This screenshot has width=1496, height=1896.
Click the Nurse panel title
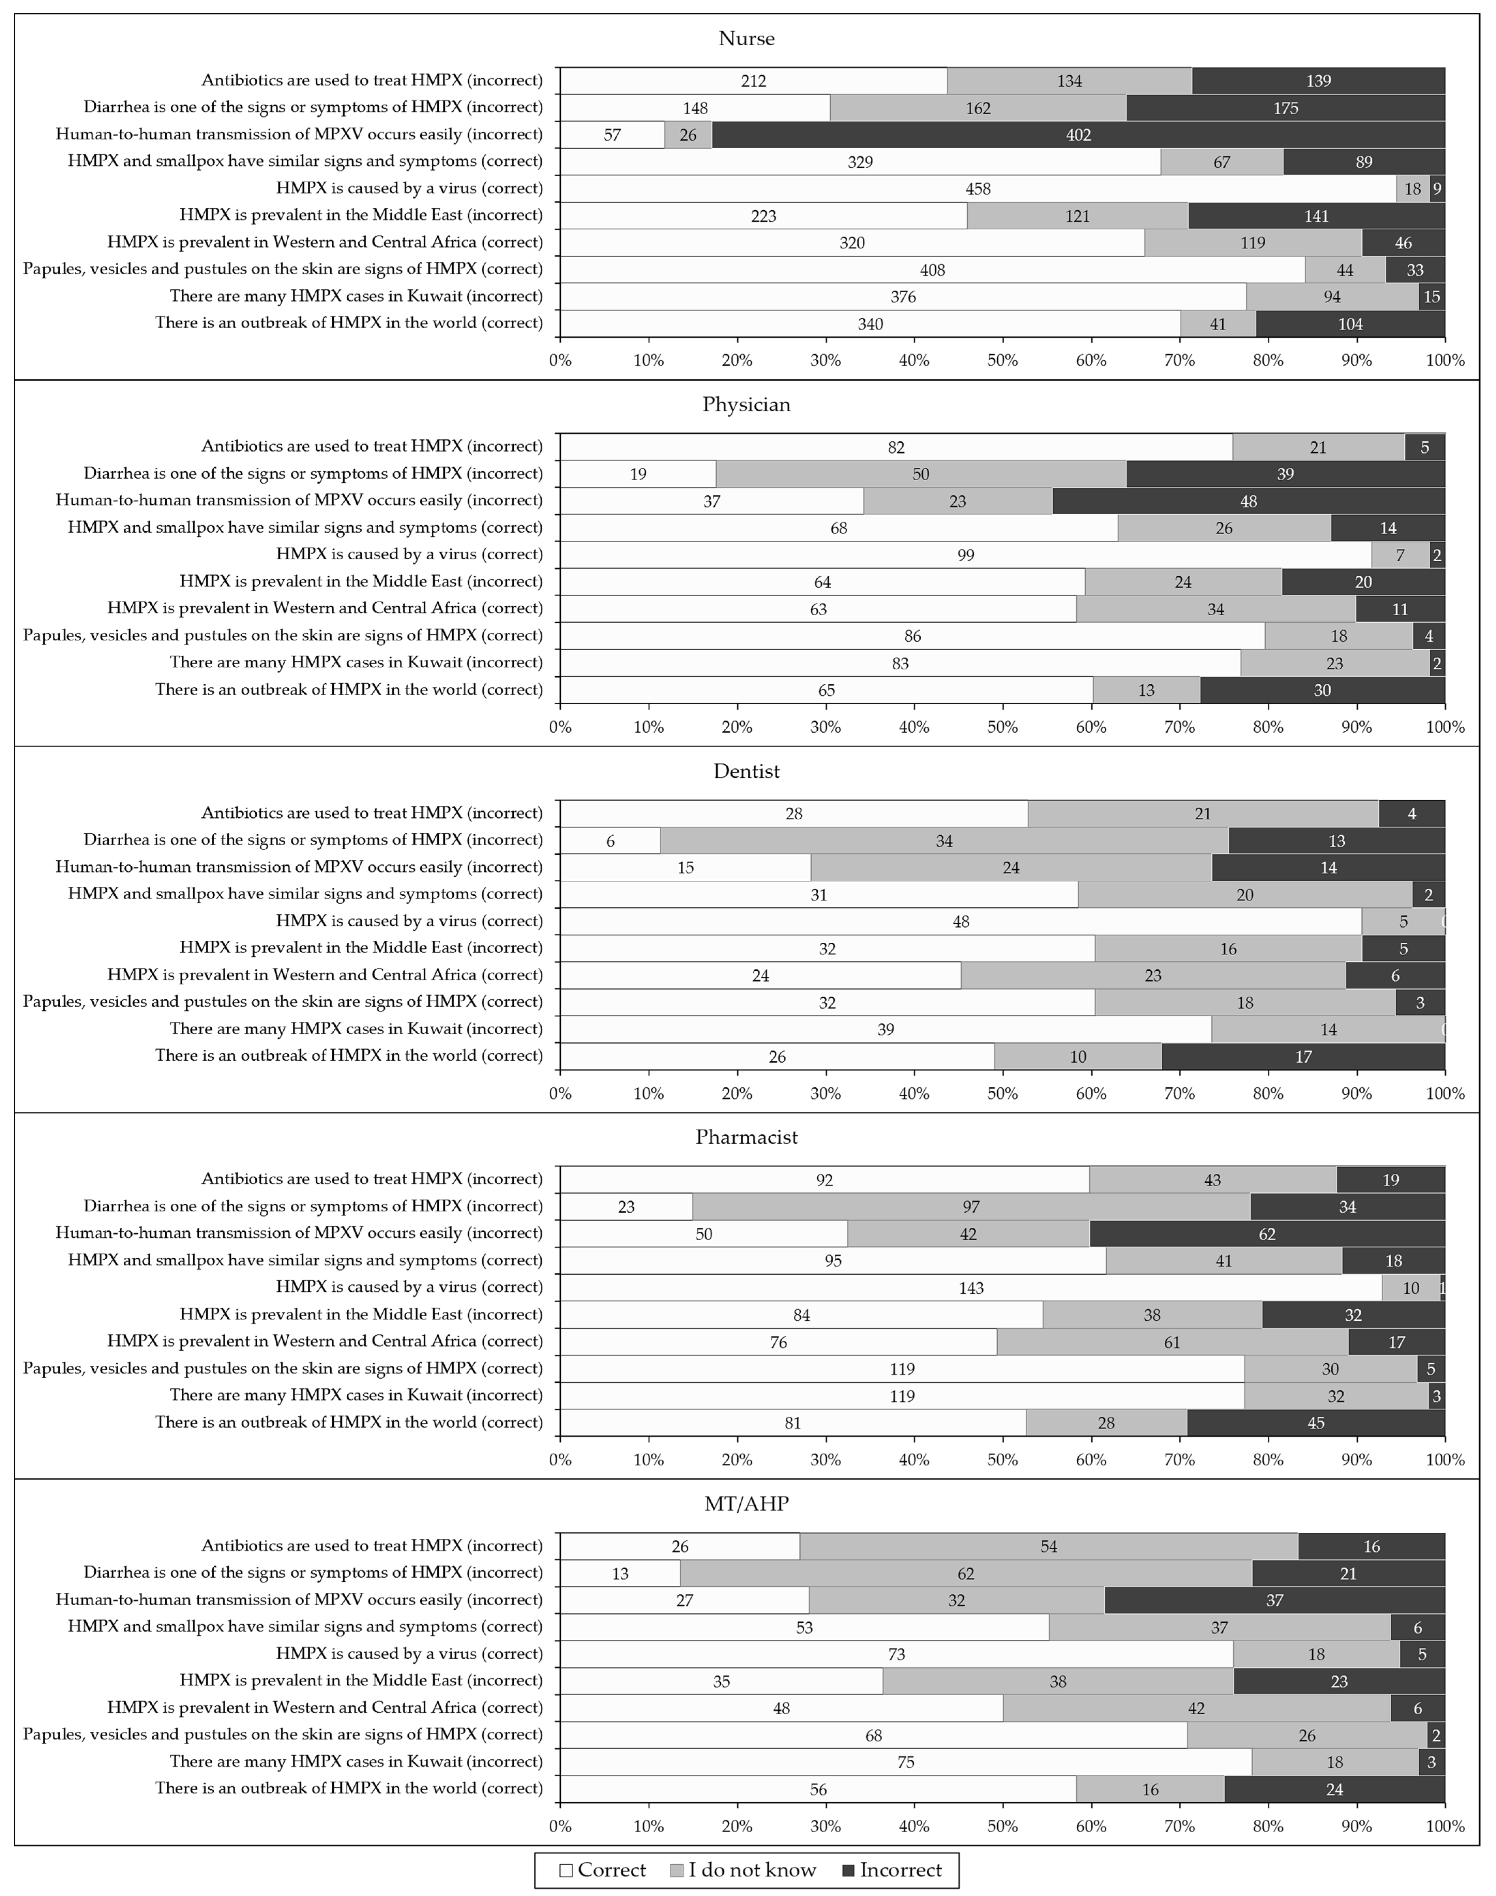pyautogui.click(x=746, y=39)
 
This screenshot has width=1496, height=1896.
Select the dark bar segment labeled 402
pyautogui.click(x=1078, y=135)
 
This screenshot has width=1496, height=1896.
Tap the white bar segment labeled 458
pyautogui.click(x=978, y=188)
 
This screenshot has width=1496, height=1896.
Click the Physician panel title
pyautogui.click(x=746, y=405)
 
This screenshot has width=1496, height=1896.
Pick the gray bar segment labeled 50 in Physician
pyautogui.click(x=921, y=474)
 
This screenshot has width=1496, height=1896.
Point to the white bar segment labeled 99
pyautogui.click(x=965, y=555)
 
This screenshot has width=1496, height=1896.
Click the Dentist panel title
pyautogui.click(x=746, y=772)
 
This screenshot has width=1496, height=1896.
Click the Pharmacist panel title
pyautogui.click(x=746, y=1138)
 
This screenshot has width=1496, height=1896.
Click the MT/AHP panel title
pyautogui.click(x=746, y=1504)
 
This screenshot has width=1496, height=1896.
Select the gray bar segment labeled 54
pyautogui.click(x=1048, y=1547)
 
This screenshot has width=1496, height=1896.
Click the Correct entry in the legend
pyautogui.click(x=604, y=1870)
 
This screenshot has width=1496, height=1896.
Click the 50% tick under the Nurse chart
pyautogui.click(x=1002, y=360)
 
